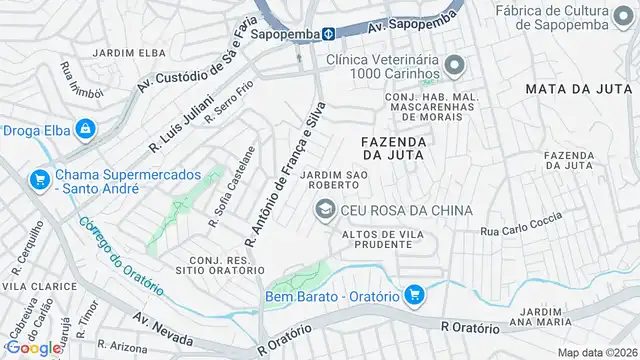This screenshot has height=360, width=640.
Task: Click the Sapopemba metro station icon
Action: [x=327, y=34]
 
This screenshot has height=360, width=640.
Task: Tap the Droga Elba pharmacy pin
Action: [x=86, y=129]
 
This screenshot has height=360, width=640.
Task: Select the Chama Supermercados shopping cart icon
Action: [x=40, y=180]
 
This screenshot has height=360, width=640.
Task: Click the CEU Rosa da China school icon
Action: [x=325, y=209]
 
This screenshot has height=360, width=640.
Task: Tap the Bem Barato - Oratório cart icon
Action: [x=415, y=295]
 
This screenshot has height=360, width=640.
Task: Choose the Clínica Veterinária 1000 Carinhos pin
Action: [x=455, y=67]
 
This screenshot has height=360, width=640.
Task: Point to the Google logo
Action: [x=33, y=347]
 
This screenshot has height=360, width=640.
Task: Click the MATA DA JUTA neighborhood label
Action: [x=575, y=89]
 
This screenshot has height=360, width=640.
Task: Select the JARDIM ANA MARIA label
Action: [x=560, y=316]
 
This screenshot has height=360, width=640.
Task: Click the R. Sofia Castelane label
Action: [x=231, y=186]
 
